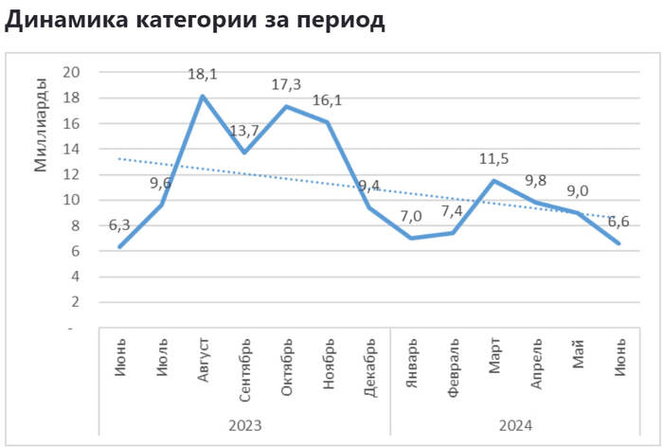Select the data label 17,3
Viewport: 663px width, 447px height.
[x=286, y=85]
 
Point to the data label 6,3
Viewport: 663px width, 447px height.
[x=119, y=225]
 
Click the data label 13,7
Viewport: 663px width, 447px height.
[x=243, y=131]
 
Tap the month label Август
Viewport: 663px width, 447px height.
[x=203, y=359]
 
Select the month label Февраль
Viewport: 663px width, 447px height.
[x=453, y=365]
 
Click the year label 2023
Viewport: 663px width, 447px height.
[x=244, y=425]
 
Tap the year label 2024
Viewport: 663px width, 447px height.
[x=515, y=425]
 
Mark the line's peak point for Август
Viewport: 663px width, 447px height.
[x=203, y=96]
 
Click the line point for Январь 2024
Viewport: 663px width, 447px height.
[x=411, y=238]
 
